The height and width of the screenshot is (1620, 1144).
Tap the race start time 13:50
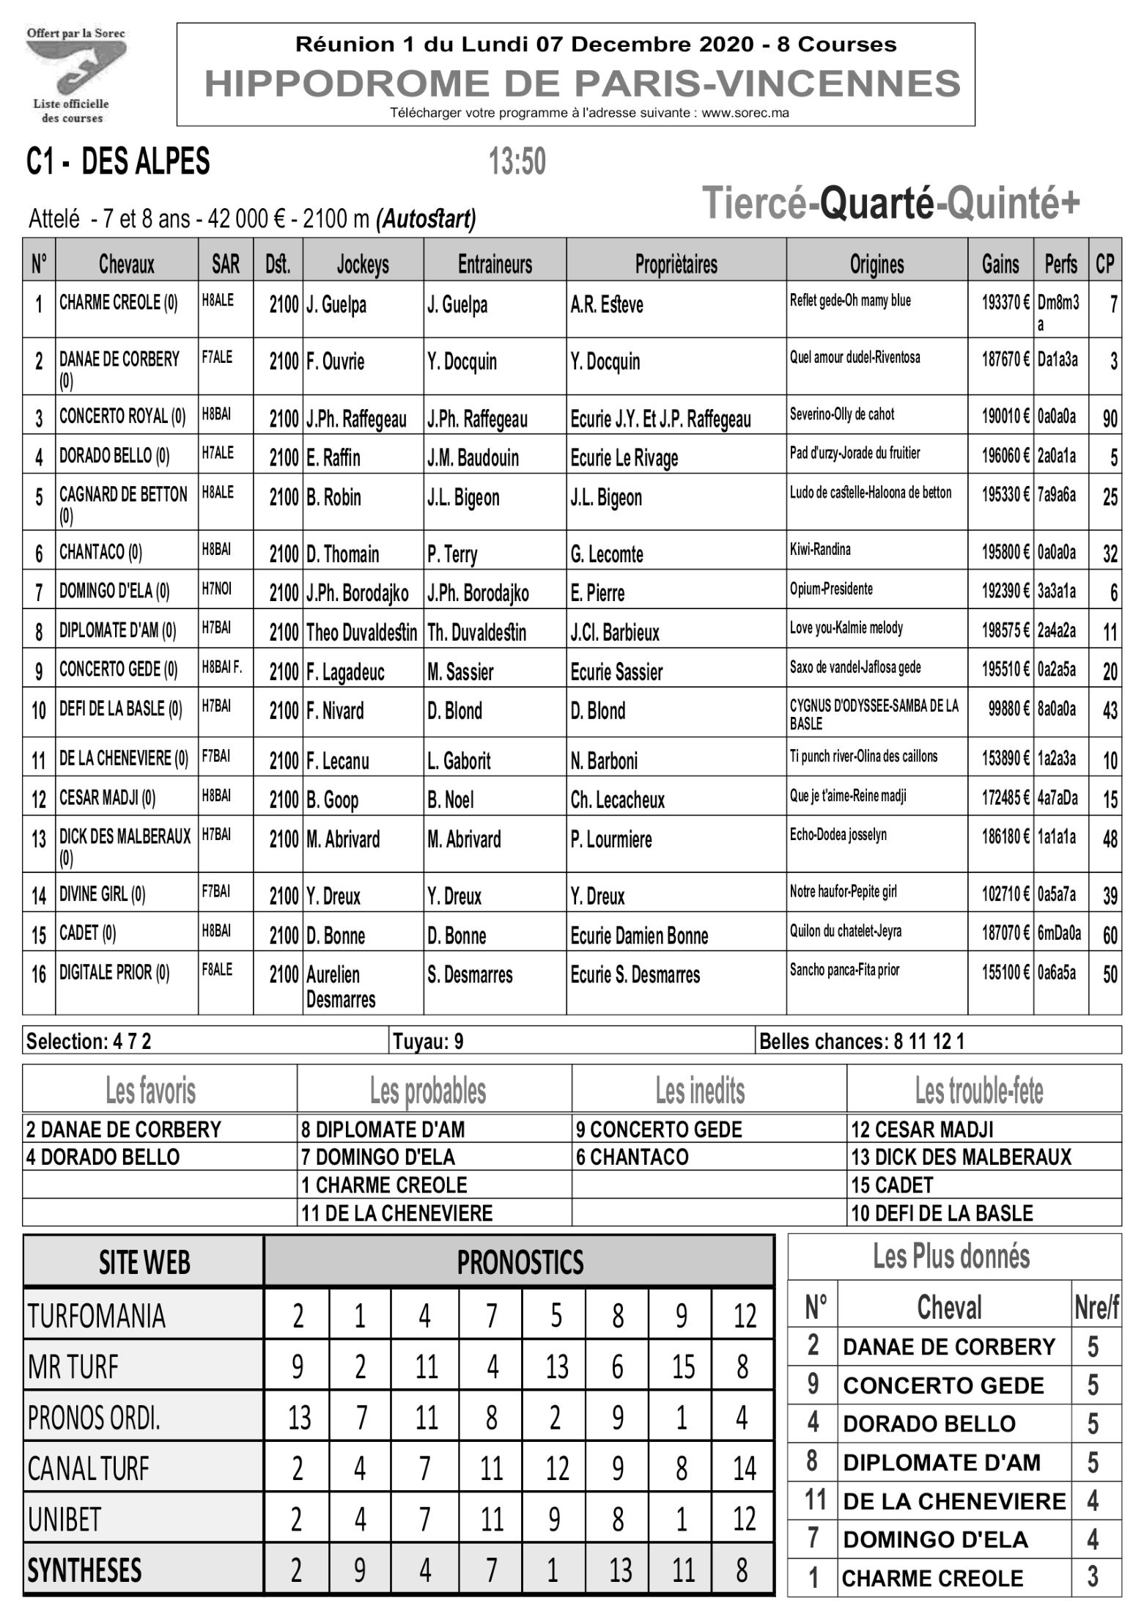point(517,162)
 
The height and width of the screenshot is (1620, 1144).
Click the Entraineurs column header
point(495,264)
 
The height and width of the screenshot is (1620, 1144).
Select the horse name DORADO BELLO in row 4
point(114,456)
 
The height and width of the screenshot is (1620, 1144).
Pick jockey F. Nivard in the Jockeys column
point(335,711)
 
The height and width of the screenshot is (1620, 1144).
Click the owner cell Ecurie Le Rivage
point(624,457)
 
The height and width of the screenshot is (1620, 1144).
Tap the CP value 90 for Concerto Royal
point(1110,419)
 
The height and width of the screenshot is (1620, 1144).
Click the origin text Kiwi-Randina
point(820,549)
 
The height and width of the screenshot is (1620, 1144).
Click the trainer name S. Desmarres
point(470,975)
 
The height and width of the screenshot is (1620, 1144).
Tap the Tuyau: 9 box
point(428,1041)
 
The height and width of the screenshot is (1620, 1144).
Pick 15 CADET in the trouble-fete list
point(892,1185)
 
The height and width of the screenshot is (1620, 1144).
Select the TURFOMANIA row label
point(97,1317)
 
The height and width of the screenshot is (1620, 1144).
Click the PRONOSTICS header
point(520,1262)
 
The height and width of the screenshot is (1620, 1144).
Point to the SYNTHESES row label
point(84,1571)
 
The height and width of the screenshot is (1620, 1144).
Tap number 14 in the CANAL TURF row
point(743,1468)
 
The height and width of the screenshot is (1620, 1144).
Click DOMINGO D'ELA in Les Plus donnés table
point(935,1539)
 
